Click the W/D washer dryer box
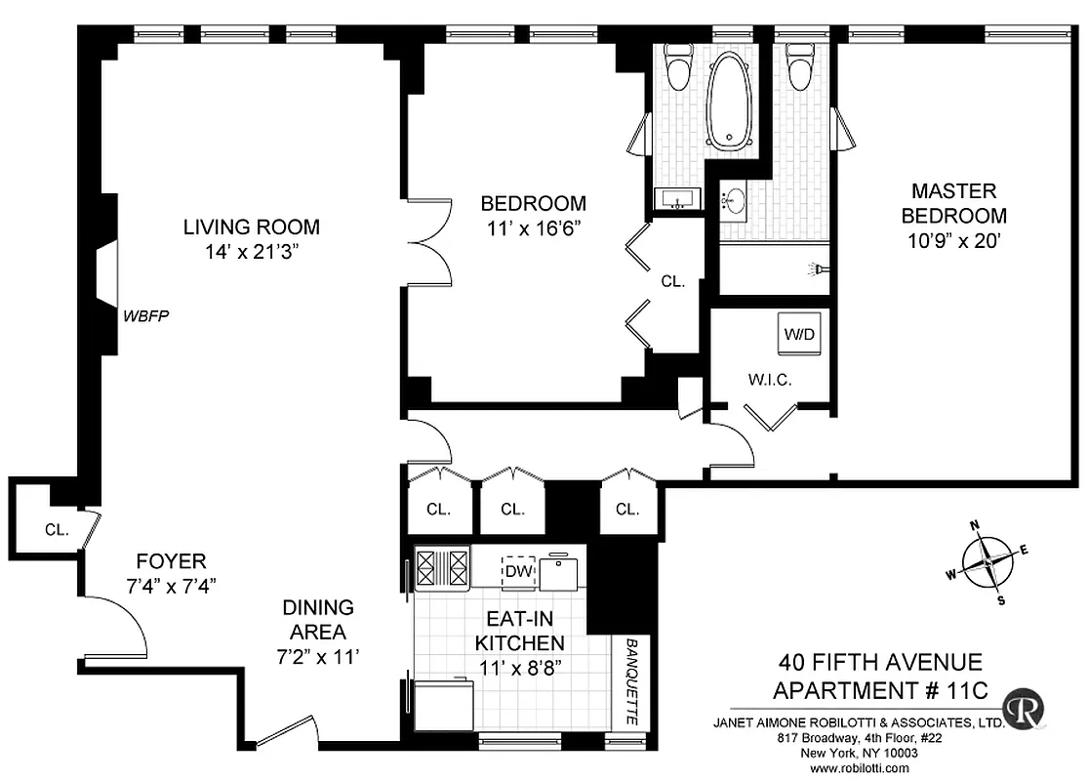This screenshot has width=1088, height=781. (799, 334)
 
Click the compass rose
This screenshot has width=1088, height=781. (988, 562)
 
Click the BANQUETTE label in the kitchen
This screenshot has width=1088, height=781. (631, 682)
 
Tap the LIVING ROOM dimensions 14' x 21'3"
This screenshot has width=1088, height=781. (252, 252)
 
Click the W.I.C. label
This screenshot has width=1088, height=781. (770, 379)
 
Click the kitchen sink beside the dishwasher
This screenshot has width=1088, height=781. (561, 572)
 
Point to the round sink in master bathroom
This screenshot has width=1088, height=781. (732, 202)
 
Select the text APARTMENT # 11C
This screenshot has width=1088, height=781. (880, 691)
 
